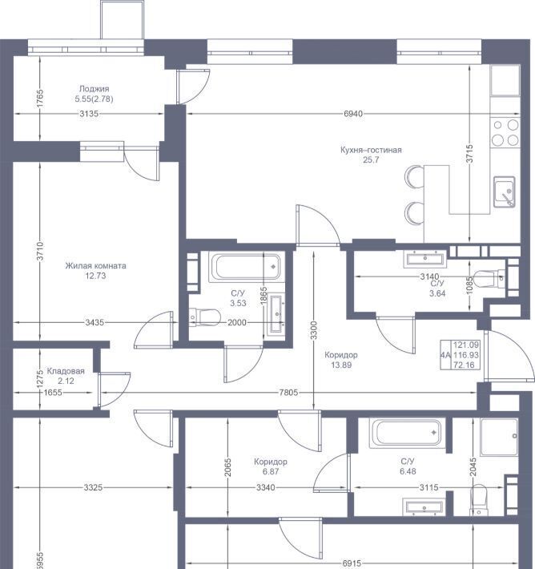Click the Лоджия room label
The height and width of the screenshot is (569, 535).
(x=94, y=88)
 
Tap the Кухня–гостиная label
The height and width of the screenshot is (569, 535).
(x=371, y=150)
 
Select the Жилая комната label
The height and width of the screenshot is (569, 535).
(x=96, y=265)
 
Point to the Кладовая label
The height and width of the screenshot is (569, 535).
(x=66, y=371)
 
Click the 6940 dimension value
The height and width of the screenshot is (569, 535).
(x=353, y=114)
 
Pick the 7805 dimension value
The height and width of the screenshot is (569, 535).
(x=288, y=392)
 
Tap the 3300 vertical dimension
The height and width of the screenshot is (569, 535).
(x=314, y=330)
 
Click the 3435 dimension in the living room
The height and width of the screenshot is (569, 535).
(x=95, y=322)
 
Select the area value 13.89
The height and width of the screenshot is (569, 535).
(x=341, y=365)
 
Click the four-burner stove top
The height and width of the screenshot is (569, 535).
(x=505, y=133)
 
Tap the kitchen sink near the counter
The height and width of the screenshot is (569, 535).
(x=505, y=192)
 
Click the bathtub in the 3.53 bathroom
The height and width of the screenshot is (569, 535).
(x=247, y=267)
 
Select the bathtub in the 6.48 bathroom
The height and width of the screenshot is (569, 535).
(x=408, y=433)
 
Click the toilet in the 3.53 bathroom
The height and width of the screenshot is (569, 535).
(x=205, y=317)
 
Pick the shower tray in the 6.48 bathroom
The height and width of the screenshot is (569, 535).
(x=500, y=438)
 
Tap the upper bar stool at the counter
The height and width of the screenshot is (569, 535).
(x=414, y=177)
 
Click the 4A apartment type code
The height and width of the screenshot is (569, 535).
(x=445, y=355)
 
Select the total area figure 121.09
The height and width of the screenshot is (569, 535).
(x=466, y=345)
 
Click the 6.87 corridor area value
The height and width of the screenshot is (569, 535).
(x=271, y=471)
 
